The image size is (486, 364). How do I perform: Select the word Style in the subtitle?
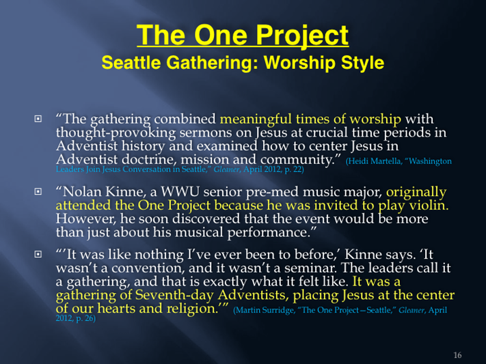pyautogui.click(x=363, y=63)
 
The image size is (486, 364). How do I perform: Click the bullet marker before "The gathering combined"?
pyautogui.click(x=38, y=119)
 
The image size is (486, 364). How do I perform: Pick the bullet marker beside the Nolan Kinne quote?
pyautogui.click(x=38, y=192)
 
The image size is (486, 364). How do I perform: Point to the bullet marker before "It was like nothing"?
pyautogui.click(x=38, y=254)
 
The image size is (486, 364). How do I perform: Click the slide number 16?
pyautogui.click(x=457, y=355)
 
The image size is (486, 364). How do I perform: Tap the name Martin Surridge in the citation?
pyautogui.click(x=264, y=310)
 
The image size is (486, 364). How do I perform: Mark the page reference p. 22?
pyautogui.click(x=294, y=170)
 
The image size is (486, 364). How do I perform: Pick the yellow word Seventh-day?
pyautogui.click(x=174, y=295)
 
